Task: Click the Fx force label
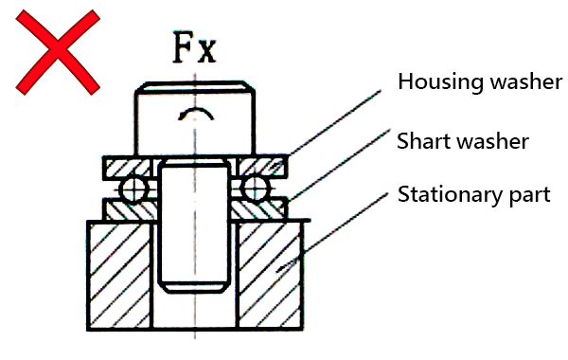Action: point(192,47)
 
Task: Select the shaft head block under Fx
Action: point(194,121)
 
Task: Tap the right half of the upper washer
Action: point(262,167)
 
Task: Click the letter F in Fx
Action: point(182,47)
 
